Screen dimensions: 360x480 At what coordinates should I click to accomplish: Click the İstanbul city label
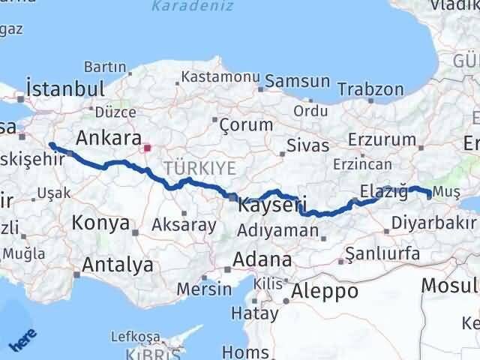click(65, 88)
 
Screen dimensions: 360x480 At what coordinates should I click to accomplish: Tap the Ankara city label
click(109, 139)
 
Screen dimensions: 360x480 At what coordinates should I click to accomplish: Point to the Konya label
click(100, 223)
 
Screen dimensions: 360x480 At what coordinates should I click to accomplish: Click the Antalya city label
click(118, 264)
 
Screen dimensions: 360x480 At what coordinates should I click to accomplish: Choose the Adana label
click(262, 259)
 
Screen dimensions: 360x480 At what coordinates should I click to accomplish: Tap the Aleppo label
click(325, 291)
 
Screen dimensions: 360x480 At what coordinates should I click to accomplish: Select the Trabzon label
click(365, 88)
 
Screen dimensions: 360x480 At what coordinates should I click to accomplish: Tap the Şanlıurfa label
click(384, 253)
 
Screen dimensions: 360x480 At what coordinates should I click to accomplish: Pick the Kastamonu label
click(220, 76)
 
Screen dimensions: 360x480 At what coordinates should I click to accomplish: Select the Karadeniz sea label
click(183, 7)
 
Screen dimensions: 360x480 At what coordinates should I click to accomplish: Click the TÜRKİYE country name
click(200, 166)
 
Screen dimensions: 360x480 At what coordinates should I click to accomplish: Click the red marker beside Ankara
click(148, 148)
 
